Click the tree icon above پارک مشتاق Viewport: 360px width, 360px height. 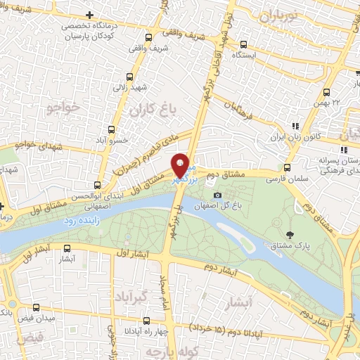(290, 234)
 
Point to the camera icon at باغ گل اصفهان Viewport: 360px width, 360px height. (218, 195)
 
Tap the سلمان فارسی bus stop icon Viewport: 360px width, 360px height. (286, 168)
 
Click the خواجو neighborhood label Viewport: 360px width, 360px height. (63, 108)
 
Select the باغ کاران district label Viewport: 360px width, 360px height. (150, 110)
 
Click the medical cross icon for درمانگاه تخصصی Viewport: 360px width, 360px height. (89, 15)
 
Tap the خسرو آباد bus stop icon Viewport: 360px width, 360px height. (111, 130)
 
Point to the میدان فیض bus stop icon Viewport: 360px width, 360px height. (36, 307)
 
